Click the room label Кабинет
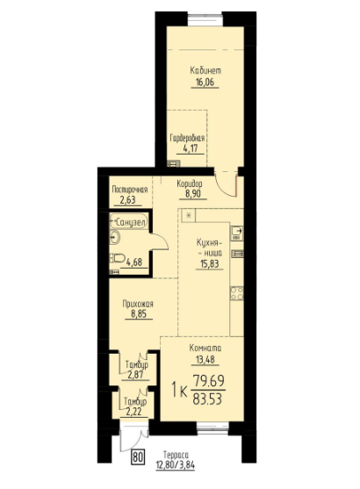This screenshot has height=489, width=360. pos(205,70)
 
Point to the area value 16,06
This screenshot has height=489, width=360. pos(205,83)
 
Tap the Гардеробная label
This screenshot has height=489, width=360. pos(187,139)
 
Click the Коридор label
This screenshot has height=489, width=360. pos(190,183)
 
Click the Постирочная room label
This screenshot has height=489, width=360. pos(128,190)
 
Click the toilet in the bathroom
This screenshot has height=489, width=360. pos(117,258)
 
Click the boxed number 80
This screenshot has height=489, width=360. pos(138,455)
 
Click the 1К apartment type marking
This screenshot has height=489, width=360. pos(176,388)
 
